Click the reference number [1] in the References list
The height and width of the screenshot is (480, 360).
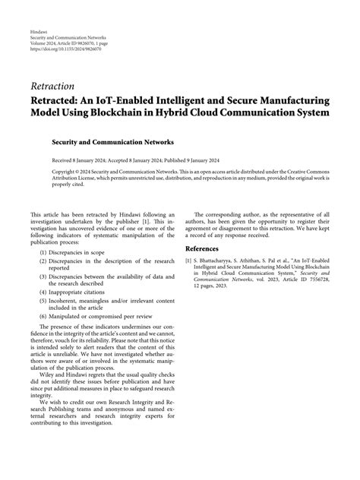coord(188,260)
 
